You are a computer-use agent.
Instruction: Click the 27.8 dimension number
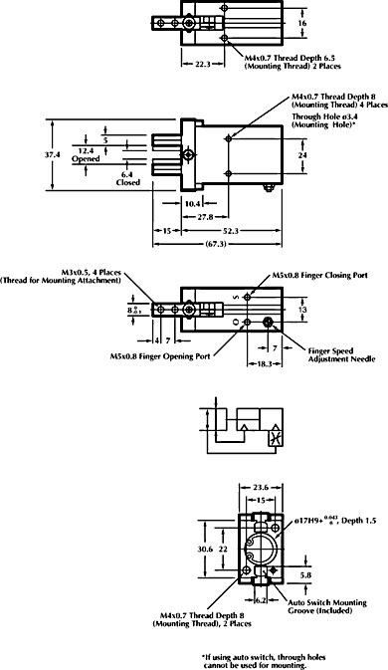206,215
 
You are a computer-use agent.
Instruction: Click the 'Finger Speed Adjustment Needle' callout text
332,355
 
